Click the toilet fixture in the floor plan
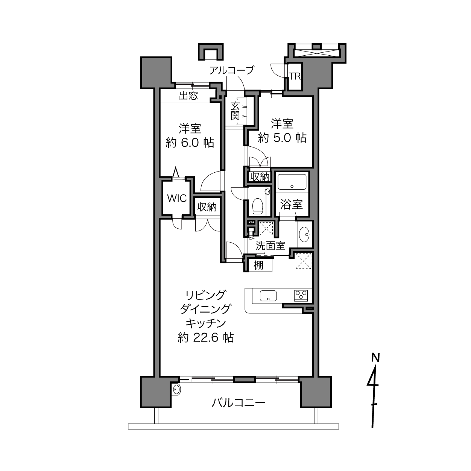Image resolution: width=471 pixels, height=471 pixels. point(257,205)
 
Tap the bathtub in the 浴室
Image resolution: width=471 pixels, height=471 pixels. point(292,181)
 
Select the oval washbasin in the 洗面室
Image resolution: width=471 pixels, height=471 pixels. point(304,234)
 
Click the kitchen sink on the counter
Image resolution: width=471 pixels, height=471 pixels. point(268,296)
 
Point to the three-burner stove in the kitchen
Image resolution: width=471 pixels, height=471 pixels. point(301,296)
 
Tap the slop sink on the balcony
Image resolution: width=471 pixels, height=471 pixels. point(176,390)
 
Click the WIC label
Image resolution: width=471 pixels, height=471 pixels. point(177,199)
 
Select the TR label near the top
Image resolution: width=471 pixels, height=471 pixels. point(295,76)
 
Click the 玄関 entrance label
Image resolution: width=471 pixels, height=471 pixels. point(235,111)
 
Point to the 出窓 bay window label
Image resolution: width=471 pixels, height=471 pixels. point(188,96)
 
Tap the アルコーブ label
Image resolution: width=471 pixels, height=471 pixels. point(232,70)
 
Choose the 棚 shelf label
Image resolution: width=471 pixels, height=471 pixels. point(258,266)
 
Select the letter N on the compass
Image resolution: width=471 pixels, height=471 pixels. point(375,358)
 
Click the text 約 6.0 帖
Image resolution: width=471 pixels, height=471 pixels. point(190,143)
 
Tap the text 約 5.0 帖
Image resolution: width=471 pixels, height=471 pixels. point(282,138)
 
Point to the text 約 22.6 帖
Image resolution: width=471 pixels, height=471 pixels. point(205,337)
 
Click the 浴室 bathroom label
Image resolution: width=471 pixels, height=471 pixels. point(291,204)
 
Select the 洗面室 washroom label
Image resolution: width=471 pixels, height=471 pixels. point(270,246)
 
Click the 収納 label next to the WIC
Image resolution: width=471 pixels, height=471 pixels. point(207,207)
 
